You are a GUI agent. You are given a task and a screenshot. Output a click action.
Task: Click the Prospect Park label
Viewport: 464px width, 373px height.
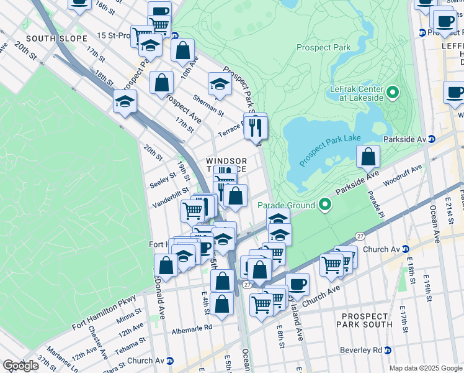[323, 47]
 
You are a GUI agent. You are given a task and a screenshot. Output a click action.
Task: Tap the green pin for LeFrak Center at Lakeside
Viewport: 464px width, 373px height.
[393, 94]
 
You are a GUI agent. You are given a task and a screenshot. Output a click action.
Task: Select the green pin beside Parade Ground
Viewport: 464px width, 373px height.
[324, 205]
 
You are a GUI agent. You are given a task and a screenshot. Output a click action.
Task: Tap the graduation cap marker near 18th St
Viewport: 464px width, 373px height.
[125, 101]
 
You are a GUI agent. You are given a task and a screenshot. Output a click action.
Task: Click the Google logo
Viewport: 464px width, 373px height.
[21, 366]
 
